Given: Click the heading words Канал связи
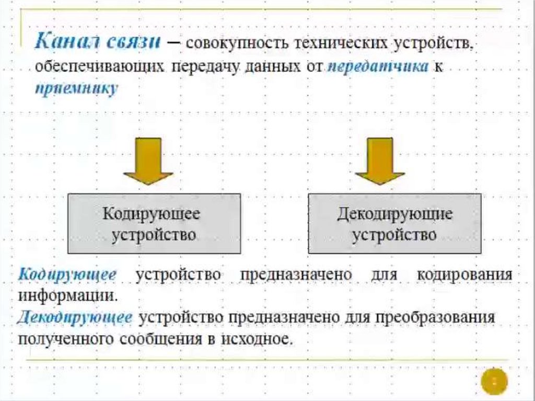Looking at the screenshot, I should point(98,42).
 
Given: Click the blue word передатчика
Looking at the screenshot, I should point(378,67).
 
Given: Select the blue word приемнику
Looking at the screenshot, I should point(77,88).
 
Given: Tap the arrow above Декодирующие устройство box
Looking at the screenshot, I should point(379,161).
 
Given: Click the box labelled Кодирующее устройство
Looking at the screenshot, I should point(154,223).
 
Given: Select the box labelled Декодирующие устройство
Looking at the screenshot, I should point(394,223).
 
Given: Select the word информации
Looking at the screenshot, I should point(67,295).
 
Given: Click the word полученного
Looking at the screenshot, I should point(66,338).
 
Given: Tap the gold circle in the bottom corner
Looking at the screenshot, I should point(494,381).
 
